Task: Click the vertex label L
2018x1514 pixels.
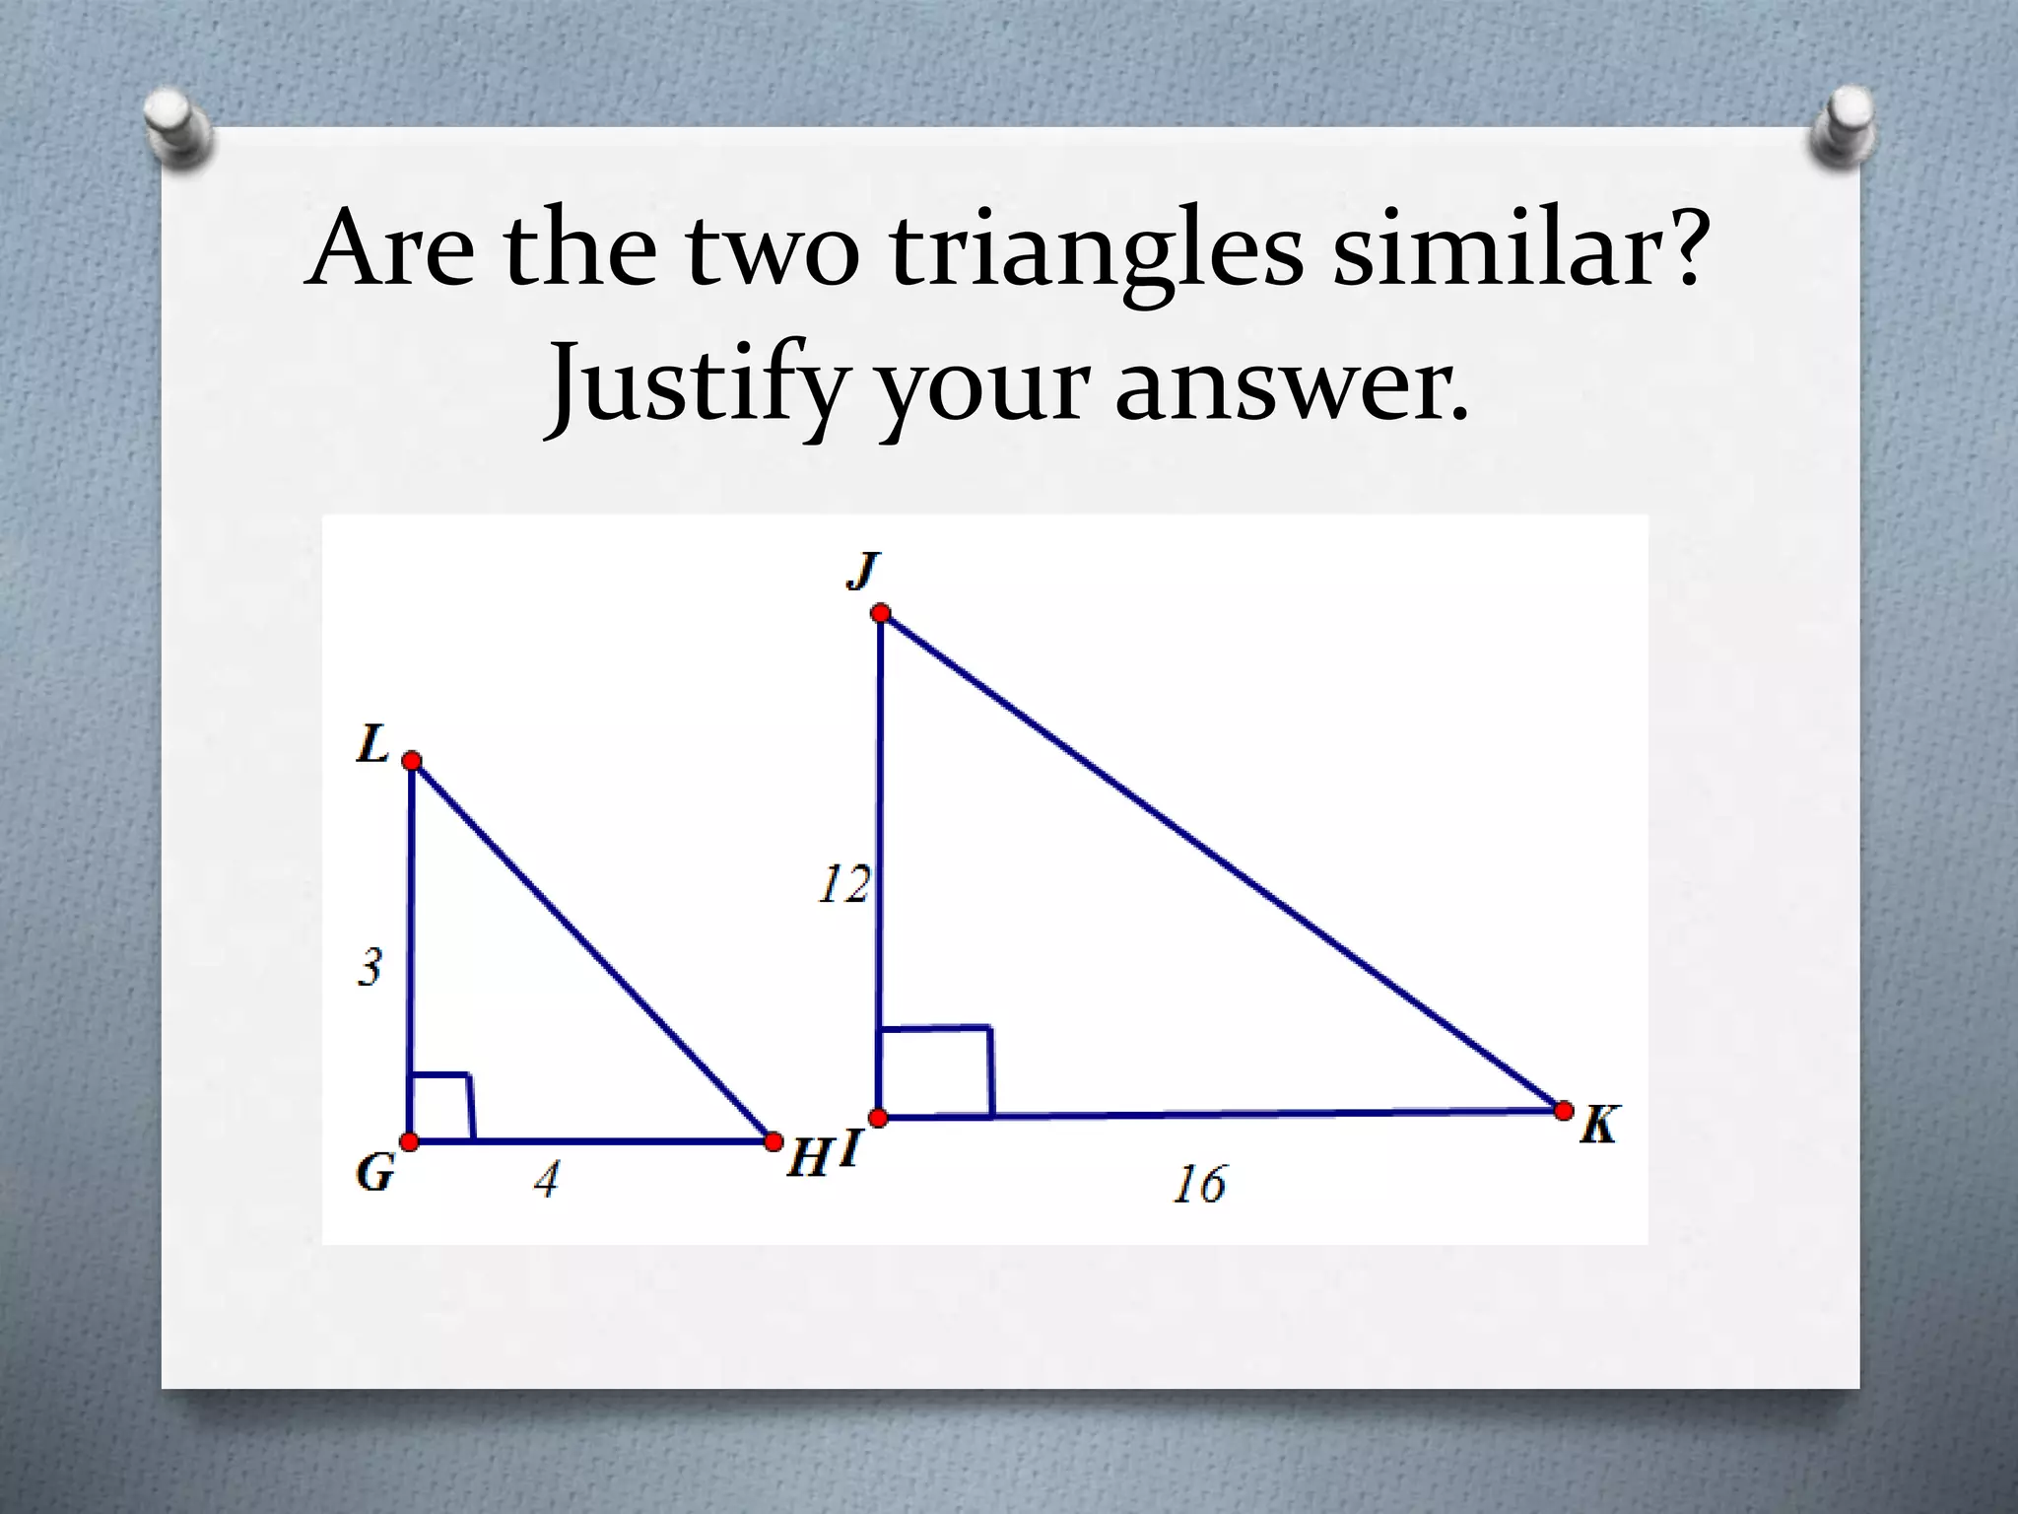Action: click(x=372, y=745)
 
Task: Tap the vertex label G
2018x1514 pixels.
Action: click(x=375, y=1172)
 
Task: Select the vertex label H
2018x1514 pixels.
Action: click(x=808, y=1158)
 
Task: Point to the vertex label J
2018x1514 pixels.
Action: click(x=862, y=571)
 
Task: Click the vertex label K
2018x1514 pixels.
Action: click(x=1598, y=1125)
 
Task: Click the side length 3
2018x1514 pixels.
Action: click(x=369, y=968)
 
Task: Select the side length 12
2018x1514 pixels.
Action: click(x=843, y=884)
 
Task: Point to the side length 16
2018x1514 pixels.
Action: click(x=1199, y=1185)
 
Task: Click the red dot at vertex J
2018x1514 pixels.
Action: click(x=880, y=614)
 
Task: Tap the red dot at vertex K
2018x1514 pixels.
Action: click(x=1564, y=1111)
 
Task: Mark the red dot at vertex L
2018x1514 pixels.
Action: click(x=412, y=761)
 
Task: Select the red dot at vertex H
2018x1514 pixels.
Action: click(x=774, y=1141)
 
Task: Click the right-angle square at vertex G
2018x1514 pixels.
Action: click(x=440, y=1107)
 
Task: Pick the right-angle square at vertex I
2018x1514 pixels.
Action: click(x=934, y=1072)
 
